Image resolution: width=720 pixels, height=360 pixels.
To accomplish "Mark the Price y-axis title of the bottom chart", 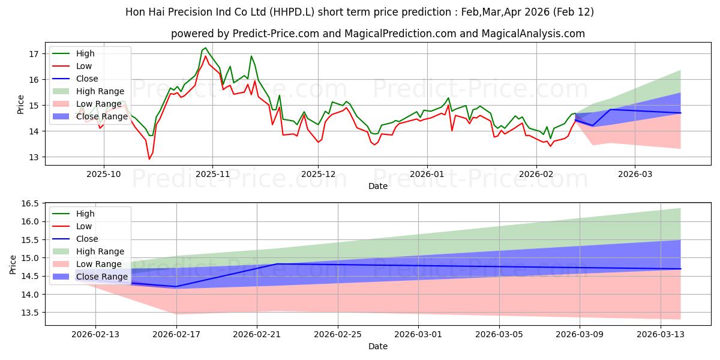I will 13,264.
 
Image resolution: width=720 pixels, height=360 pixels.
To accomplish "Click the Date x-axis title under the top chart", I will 378,186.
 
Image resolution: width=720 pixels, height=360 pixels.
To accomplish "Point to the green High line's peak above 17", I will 205,48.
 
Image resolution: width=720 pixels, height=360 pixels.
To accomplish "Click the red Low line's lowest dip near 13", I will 149,159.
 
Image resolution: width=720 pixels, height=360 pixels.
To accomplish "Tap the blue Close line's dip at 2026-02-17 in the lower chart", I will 176,287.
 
